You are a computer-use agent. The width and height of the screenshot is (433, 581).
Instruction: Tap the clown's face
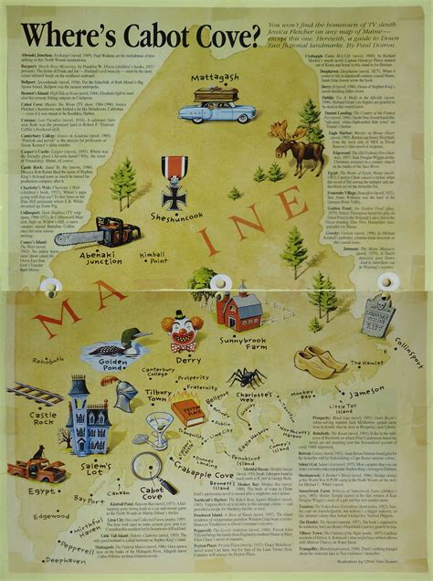tap(181, 330)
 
